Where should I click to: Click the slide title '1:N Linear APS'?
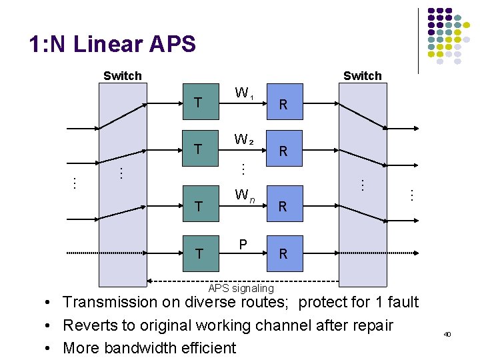[x=112, y=45]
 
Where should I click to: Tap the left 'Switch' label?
[x=123, y=76]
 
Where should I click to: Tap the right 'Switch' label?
[x=362, y=76]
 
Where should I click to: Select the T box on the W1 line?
[x=197, y=103]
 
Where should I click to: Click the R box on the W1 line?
[x=283, y=103]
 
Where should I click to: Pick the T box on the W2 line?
[x=197, y=150]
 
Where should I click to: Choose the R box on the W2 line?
[x=283, y=151]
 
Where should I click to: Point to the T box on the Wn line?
[x=197, y=206]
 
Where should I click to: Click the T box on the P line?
[x=197, y=253]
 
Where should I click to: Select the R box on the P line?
[x=283, y=253]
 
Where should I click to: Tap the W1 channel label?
[x=242, y=92]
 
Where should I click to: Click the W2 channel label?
[x=242, y=140]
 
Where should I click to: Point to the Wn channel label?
[x=243, y=196]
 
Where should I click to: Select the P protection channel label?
[x=243, y=245]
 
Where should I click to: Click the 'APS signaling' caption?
[x=241, y=288]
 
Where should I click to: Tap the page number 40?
[x=447, y=333]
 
